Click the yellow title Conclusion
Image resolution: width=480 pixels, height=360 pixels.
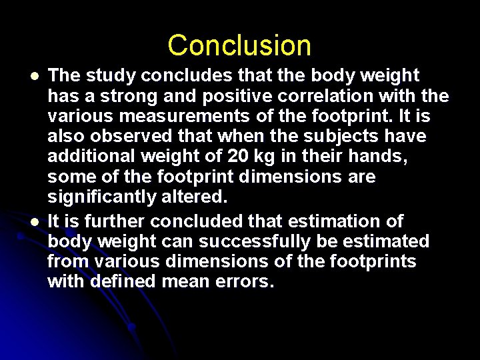click(239, 45)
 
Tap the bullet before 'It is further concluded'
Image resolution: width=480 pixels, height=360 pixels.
click(24, 221)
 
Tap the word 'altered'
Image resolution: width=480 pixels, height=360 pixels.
click(199, 197)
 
